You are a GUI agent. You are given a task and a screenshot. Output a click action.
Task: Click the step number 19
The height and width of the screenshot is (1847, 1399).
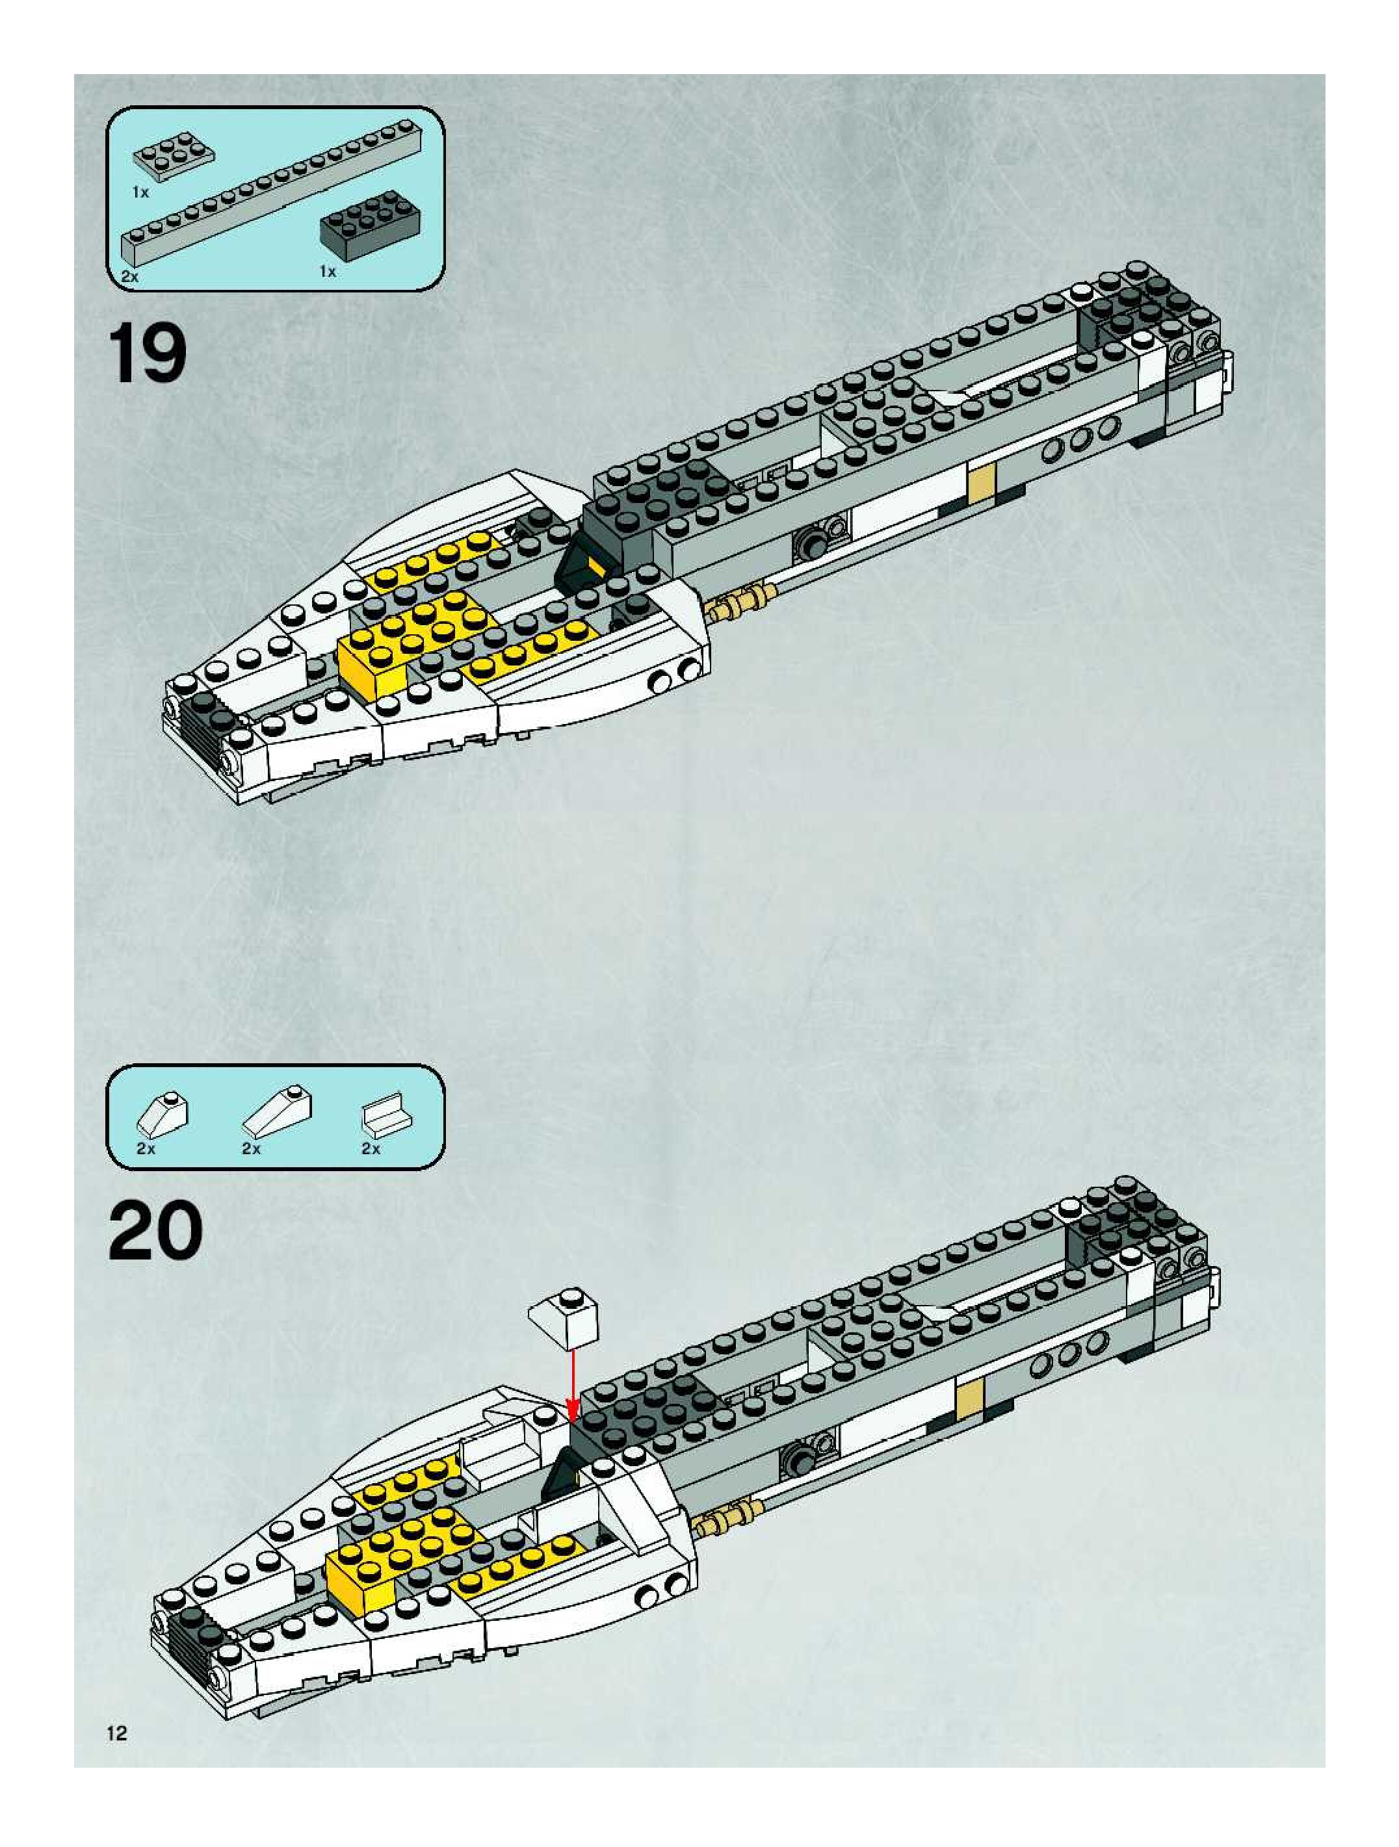pyautogui.click(x=147, y=354)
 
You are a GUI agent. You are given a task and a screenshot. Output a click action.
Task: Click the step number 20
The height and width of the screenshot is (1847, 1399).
pyautogui.click(x=155, y=1231)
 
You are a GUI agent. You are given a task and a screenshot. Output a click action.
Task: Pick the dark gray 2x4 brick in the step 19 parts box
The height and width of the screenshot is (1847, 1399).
pyautogui.click(x=370, y=224)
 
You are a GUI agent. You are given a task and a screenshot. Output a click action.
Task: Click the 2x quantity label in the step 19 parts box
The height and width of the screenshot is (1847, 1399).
pyautogui.click(x=130, y=276)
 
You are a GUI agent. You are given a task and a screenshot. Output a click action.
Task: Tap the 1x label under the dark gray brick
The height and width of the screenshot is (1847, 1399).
pyautogui.click(x=328, y=272)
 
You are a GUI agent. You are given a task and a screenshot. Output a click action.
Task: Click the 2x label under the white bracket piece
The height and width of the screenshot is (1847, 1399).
pyautogui.click(x=371, y=1149)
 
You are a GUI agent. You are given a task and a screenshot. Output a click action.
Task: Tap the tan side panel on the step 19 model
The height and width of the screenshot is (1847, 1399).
pyautogui.click(x=982, y=484)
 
